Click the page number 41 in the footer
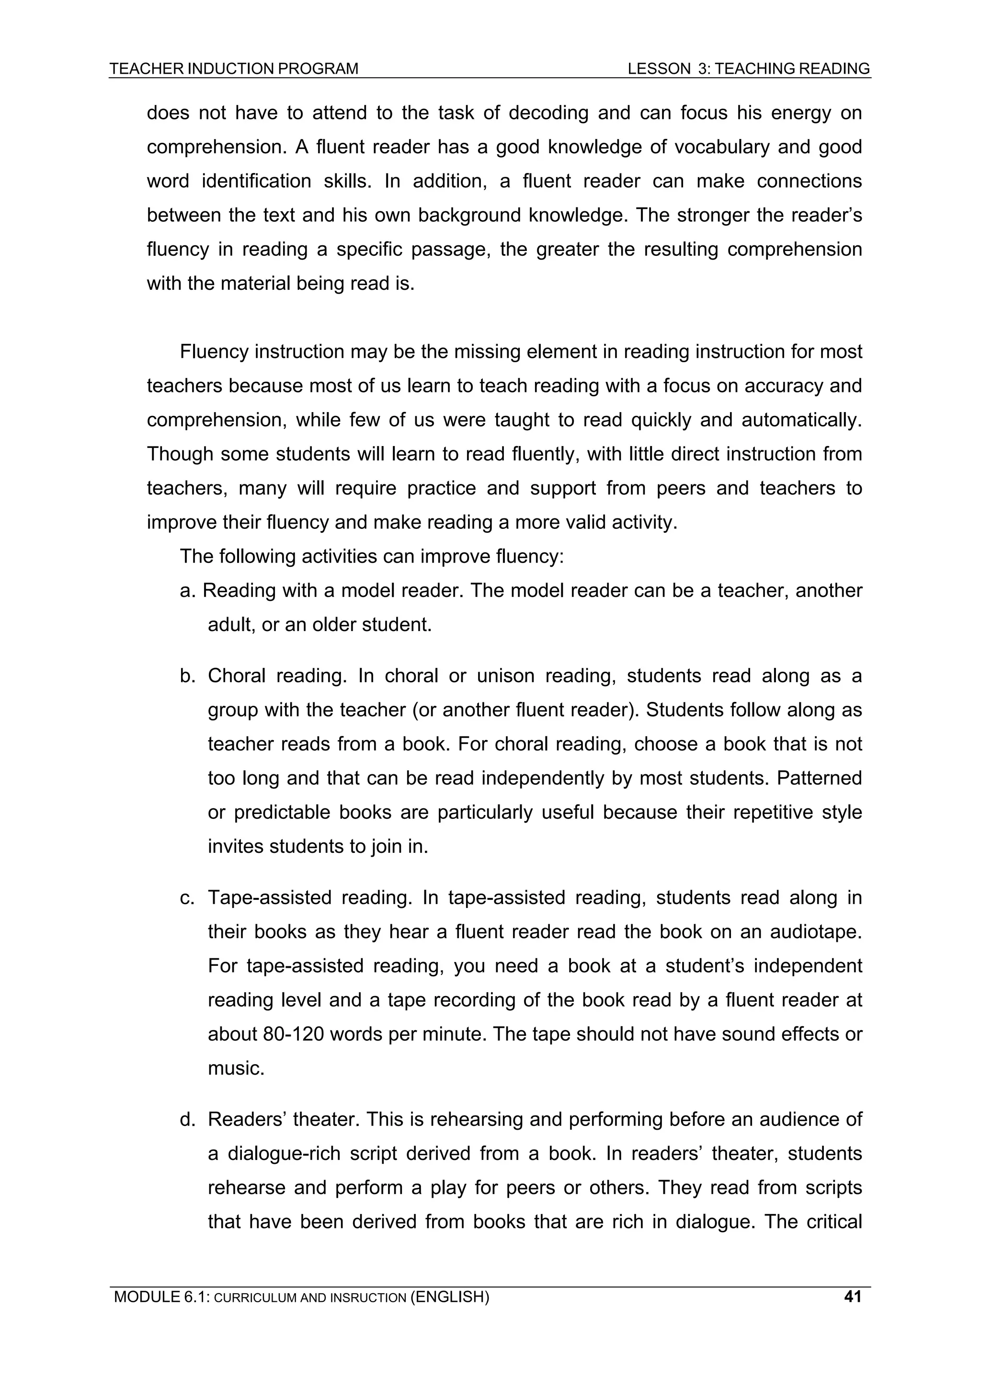(x=852, y=1296)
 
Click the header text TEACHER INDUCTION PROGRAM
(x=234, y=69)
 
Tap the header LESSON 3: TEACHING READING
(x=748, y=69)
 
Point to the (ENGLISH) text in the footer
(x=449, y=1296)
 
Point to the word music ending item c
(x=235, y=1069)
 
